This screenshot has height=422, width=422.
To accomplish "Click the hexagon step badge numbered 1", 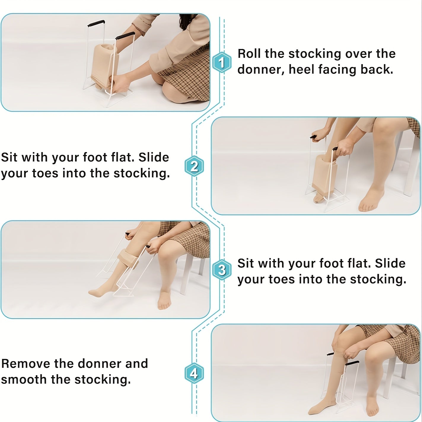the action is point(222,62).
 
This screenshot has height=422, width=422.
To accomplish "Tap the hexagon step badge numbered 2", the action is point(194,166).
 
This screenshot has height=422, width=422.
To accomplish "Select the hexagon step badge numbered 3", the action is point(222,270).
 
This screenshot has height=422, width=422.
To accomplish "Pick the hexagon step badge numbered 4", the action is point(194,373).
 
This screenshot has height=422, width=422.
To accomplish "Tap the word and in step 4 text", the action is point(136,364).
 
